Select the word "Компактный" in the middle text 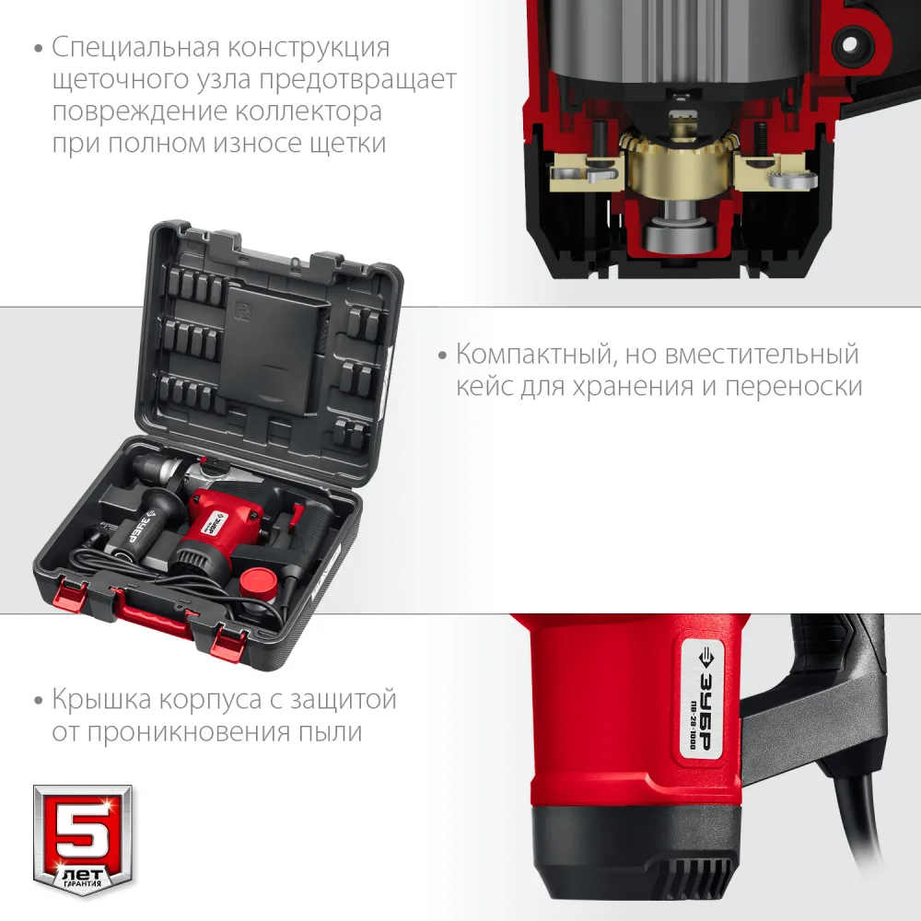[535, 355]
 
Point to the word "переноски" [794, 387]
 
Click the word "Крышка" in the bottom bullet [102, 700]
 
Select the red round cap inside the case [259, 582]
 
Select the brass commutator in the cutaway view [679, 166]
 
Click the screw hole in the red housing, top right [850, 44]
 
